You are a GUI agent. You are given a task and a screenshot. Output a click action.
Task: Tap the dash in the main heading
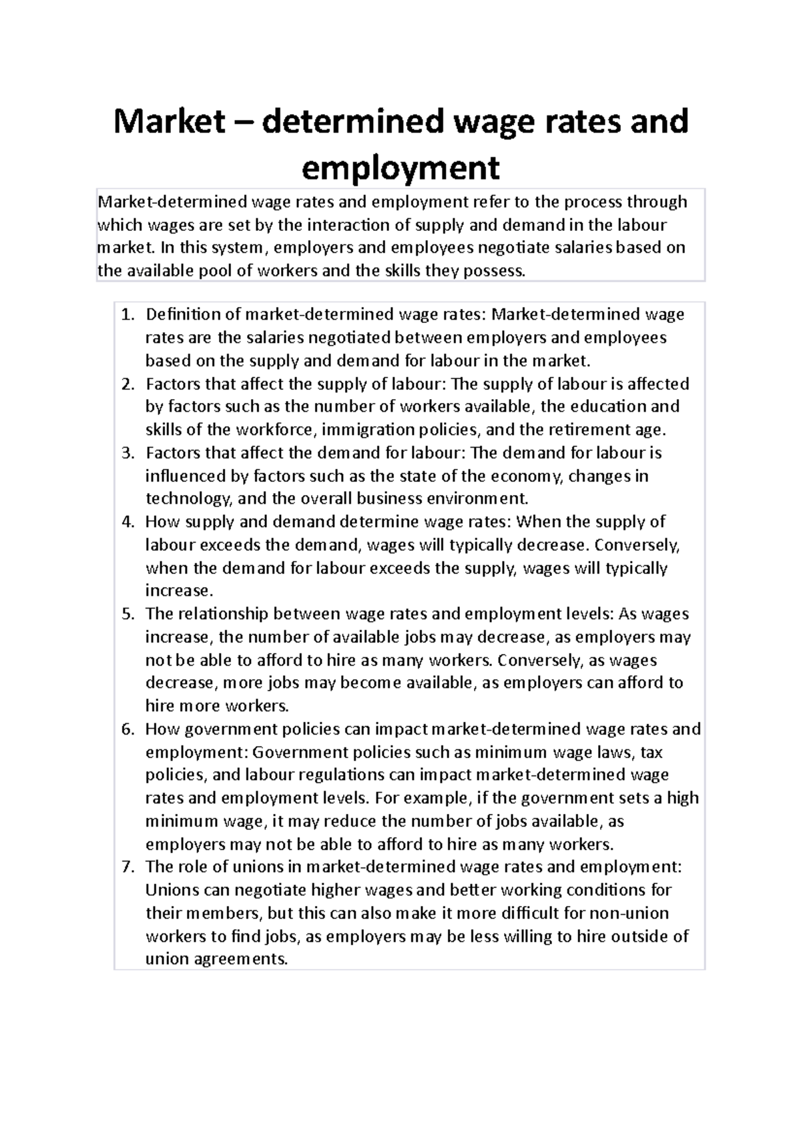coord(242,122)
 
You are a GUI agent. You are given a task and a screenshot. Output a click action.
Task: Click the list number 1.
coord(127,314)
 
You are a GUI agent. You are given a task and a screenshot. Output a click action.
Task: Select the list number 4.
coord(127,522)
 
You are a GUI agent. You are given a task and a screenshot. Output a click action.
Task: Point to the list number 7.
coord(127,867)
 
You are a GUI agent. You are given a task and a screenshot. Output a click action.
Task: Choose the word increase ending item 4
coord(178,591)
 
